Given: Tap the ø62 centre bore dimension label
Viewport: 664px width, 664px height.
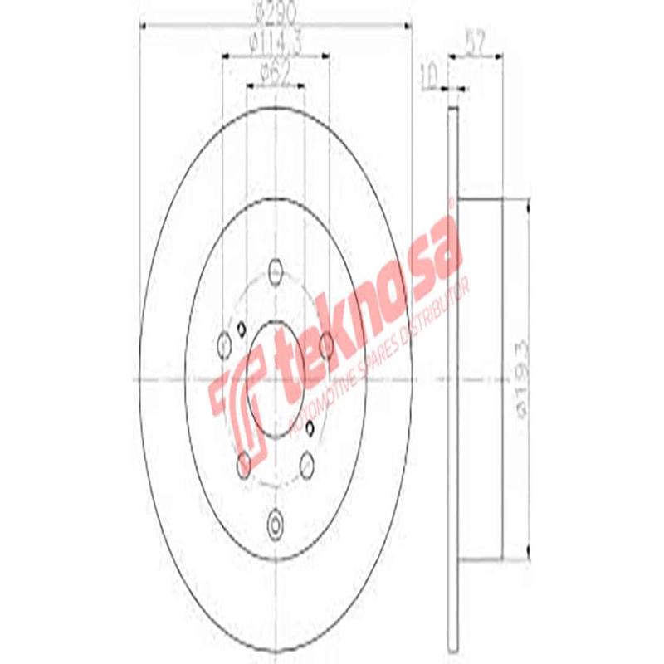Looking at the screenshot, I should pyautogui.click(x=275, y=73).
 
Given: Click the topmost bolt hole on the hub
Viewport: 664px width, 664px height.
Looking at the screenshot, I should pyautogui.click(x=276, y=272).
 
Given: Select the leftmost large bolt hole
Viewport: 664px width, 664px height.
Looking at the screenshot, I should pyautogui.click(x=225, y=344).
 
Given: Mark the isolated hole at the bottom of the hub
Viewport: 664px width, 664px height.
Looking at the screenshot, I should pyautogui.click(x=276, y=523).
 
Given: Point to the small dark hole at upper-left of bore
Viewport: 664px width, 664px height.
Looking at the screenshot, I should pyautogui.click(x=241, y=326).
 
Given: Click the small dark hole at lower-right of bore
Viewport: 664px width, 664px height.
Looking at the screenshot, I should pyautogui.click(x=310, y=427).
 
